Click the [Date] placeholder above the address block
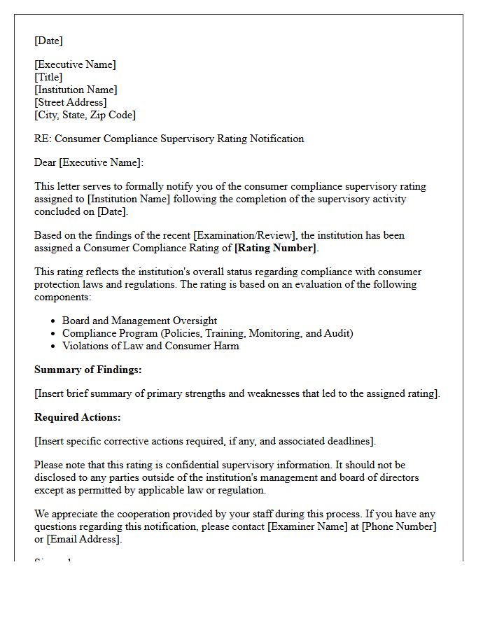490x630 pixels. pos(48,41)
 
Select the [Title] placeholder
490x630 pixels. pos(48,77)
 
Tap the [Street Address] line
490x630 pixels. pos(71,102)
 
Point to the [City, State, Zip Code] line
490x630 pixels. pos(85,115)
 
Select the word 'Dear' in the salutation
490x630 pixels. pos(45,162)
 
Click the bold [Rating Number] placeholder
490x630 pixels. pos(276,248)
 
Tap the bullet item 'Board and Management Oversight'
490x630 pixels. pos(139,321)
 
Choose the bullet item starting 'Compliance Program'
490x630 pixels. pos(207,333)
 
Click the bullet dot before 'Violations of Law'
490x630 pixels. pos(53,346)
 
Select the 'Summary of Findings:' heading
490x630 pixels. pos(87,370)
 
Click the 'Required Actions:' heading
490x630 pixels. pos(78,417)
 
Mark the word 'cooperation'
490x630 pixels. pos(129,514)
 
